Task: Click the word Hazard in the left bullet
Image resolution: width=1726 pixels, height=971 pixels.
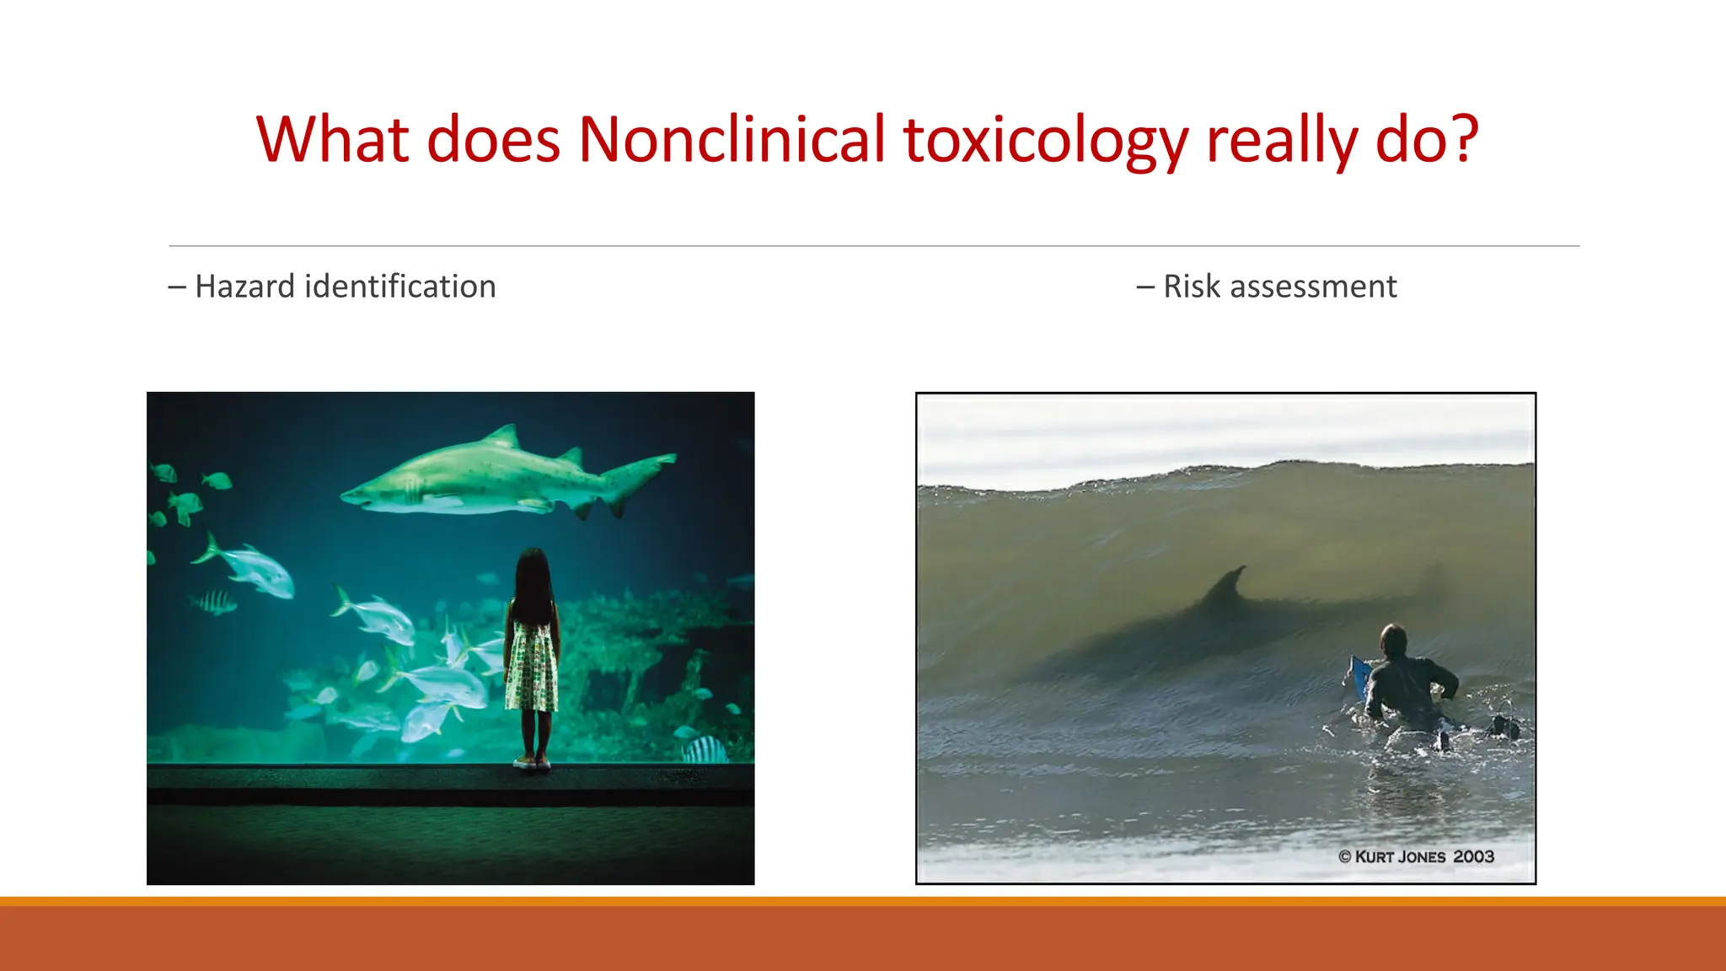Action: point(244,287)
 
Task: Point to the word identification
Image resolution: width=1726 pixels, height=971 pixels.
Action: point(399,287)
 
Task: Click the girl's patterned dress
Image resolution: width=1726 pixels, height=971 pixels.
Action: point(532,666)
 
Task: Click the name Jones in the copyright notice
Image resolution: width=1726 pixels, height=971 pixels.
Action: point(1422,857)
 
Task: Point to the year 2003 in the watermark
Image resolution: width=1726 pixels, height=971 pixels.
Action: point(1474,857)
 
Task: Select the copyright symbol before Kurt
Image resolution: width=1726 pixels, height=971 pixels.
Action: point(1345,857)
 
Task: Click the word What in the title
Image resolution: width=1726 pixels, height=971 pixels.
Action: point(333,140)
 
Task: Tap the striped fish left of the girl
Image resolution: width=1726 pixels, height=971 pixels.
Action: point(213,602)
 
